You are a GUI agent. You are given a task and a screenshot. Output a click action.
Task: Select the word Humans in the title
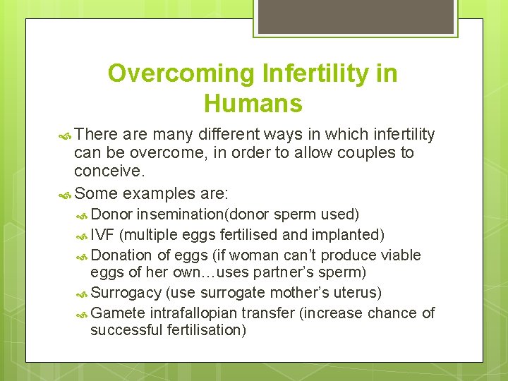(x=253, y=104)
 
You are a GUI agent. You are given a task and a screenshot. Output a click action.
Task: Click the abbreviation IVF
(x=104, y=235)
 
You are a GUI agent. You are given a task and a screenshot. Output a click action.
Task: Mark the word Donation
(x=121, y=255)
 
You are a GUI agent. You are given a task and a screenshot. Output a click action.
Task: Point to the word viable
(x=400, y=255)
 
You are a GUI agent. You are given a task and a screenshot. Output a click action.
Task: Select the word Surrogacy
(x=126, y=292)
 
